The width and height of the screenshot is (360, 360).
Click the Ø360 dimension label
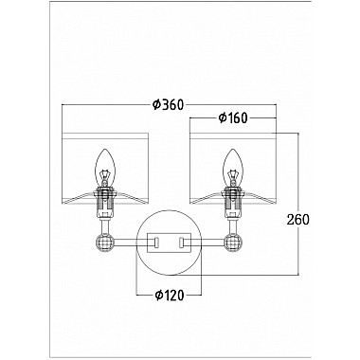168,104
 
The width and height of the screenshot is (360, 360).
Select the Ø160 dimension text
233,117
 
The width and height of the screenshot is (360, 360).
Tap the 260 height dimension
297,219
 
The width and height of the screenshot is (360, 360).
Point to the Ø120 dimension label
169,296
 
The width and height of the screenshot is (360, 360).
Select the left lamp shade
105,169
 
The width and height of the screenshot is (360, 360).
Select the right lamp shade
233,169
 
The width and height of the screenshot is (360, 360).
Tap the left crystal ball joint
104,243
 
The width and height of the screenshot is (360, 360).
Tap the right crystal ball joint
233,243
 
